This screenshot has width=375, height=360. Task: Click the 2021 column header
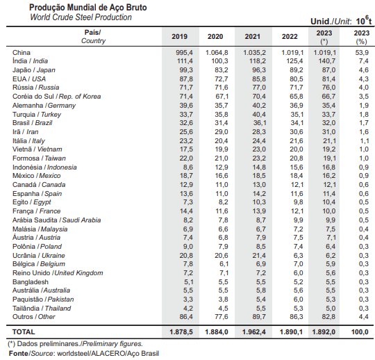(252, 37)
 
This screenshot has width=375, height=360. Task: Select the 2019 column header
(179, 37)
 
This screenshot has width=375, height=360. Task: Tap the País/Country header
(93, 36)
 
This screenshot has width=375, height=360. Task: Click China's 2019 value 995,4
(184, 52)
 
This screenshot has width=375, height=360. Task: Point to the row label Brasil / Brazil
(32, 123)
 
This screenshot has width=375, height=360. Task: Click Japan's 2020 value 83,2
(222, 70)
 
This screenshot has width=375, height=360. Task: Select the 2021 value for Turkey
(259, 115)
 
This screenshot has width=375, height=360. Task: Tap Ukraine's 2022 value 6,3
(298, 255)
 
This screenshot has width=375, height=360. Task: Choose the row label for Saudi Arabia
(57, 220)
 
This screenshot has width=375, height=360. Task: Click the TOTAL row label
(24, 332)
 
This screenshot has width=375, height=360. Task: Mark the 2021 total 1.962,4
(254, 332)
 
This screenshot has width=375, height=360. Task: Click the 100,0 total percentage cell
(360, 332)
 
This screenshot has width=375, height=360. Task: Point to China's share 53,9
(362, 52)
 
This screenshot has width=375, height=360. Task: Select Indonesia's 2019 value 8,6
(188, 167)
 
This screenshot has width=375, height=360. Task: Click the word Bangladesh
(31, 281)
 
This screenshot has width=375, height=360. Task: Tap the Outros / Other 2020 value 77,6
(222, 317)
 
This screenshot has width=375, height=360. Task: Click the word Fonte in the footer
(18, 353)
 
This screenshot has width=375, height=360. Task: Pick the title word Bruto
(136, 8)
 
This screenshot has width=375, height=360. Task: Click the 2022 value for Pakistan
(298, 300)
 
